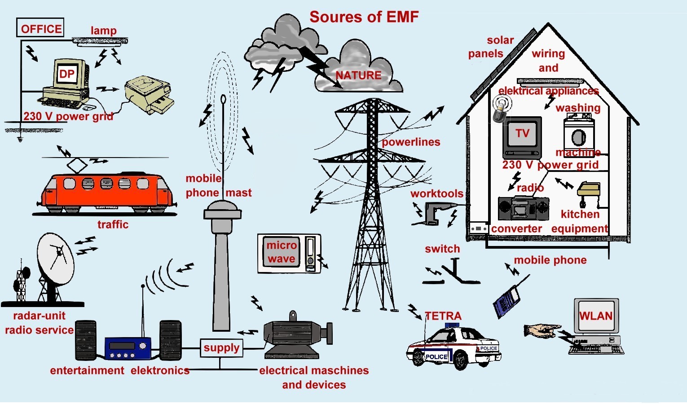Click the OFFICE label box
40,27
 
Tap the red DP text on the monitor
67,74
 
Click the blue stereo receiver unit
128,348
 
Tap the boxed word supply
221,348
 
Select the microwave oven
289,254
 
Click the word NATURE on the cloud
358,75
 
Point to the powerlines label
411,142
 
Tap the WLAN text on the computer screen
595,316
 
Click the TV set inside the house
522,137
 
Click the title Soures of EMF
364,17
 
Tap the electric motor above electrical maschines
298,335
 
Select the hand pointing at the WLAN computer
542,331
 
